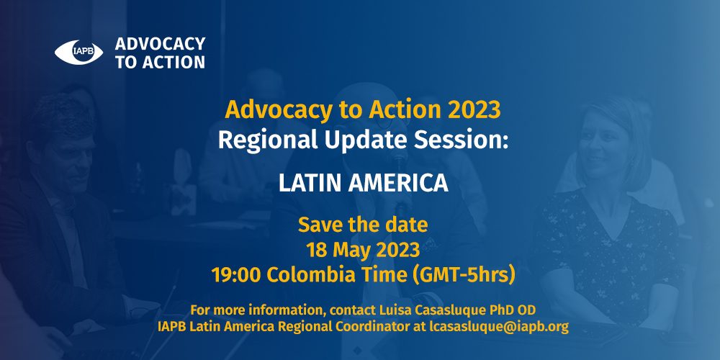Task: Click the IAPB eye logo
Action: (x=79, y=53)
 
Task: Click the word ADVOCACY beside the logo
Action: (x=160, y=44)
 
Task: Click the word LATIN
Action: (x=310, y=184)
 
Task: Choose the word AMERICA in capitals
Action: (x=398, y=184)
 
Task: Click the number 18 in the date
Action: (x=316, y=251)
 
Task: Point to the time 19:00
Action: (x=237, y=276)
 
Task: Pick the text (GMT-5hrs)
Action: (x=461, y=276)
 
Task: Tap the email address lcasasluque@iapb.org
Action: (x=499, y=328)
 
